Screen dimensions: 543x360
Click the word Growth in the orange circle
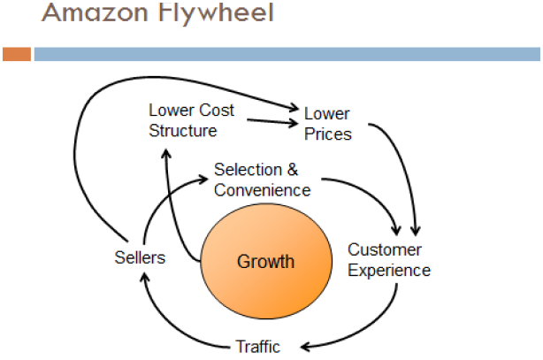265,261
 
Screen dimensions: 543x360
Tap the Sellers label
140,257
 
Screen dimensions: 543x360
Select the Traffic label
258,347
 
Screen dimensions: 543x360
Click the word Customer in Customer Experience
385,249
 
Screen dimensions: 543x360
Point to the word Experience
389,271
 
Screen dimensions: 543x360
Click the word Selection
248,170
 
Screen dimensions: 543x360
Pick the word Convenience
262,190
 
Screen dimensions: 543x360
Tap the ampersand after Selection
293,170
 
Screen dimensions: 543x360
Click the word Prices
328,134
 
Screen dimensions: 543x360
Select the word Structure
183,131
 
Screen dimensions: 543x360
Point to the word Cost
217,111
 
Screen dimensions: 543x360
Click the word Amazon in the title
95,12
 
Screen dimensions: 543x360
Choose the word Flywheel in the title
216,13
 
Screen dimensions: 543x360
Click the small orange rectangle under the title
17,54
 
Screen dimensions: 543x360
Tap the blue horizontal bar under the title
287,54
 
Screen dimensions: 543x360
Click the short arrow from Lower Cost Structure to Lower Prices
272,121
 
